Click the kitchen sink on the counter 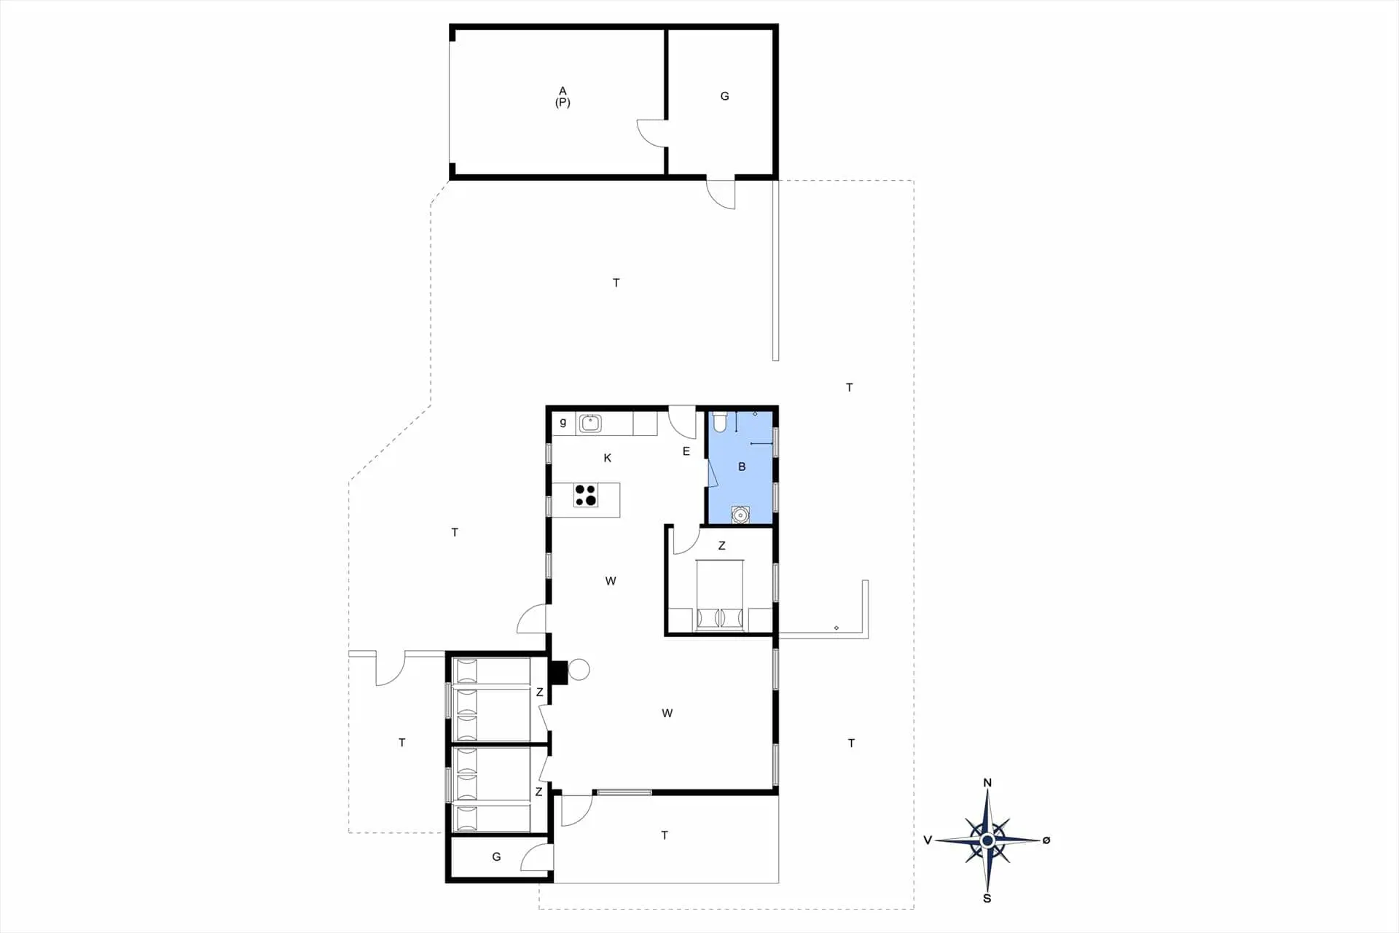(590, 423)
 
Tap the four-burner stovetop (586, 495)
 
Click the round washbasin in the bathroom (740, 515)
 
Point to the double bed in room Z (720, 594)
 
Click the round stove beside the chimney (579, 669)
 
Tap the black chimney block (558, 672)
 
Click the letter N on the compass (987, 783)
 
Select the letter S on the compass (987, 898)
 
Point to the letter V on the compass (928, 840)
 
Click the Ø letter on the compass (1046, 840)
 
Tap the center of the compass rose (987, 840)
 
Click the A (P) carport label (563, 96)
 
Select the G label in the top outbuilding (724, 96)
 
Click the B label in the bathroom (742, 466)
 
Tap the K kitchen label (608, 458)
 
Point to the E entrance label (686, 451)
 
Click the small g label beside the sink (563, 422)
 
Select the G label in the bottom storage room (496, 856)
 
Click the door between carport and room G (651, 133)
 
